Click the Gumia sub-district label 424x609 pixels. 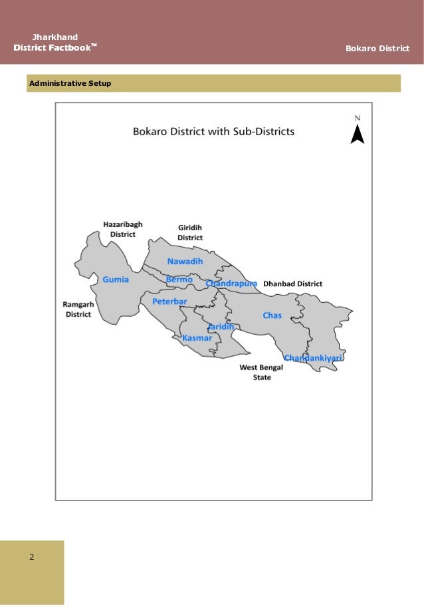click(x=116, y=280)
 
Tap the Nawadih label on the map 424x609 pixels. click(x=185, y=262)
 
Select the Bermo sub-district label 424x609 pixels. click(x=179, y=280)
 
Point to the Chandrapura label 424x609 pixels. click(x=231, y=284)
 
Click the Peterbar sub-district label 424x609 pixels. click(x=169, y=302)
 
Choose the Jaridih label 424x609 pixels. click(x=220, y=327)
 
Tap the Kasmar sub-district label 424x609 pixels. click(x=197, y=338)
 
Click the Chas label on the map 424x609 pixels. click(x=272, y=315)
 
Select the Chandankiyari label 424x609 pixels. click(x=313, y=358)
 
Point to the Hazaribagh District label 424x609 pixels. click(x=122, y=230)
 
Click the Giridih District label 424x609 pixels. click(x=189, y=232)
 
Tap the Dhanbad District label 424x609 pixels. click(x=292, y=284)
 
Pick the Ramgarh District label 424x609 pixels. click(x=78, y=309)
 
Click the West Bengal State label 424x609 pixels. click(x=261, y=372)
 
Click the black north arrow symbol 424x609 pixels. click(x=358, y=134)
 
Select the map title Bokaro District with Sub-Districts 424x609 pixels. click(x=213, y=132)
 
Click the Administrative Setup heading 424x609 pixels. click(x=69, y=84)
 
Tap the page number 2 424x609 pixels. click(x=31, y=556)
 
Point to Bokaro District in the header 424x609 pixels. click(x=378, y=49)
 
